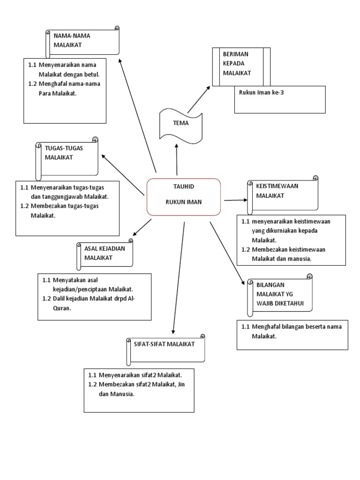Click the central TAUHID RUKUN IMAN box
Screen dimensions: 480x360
[184, 196]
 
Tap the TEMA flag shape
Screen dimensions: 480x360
[181, 123]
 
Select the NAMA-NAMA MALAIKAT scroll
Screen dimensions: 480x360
[82, 42]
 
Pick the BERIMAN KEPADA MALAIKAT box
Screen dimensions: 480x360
[241, 67]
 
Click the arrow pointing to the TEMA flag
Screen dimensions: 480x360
[177, 159]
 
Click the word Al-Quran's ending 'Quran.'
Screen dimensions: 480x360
[62, 309]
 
